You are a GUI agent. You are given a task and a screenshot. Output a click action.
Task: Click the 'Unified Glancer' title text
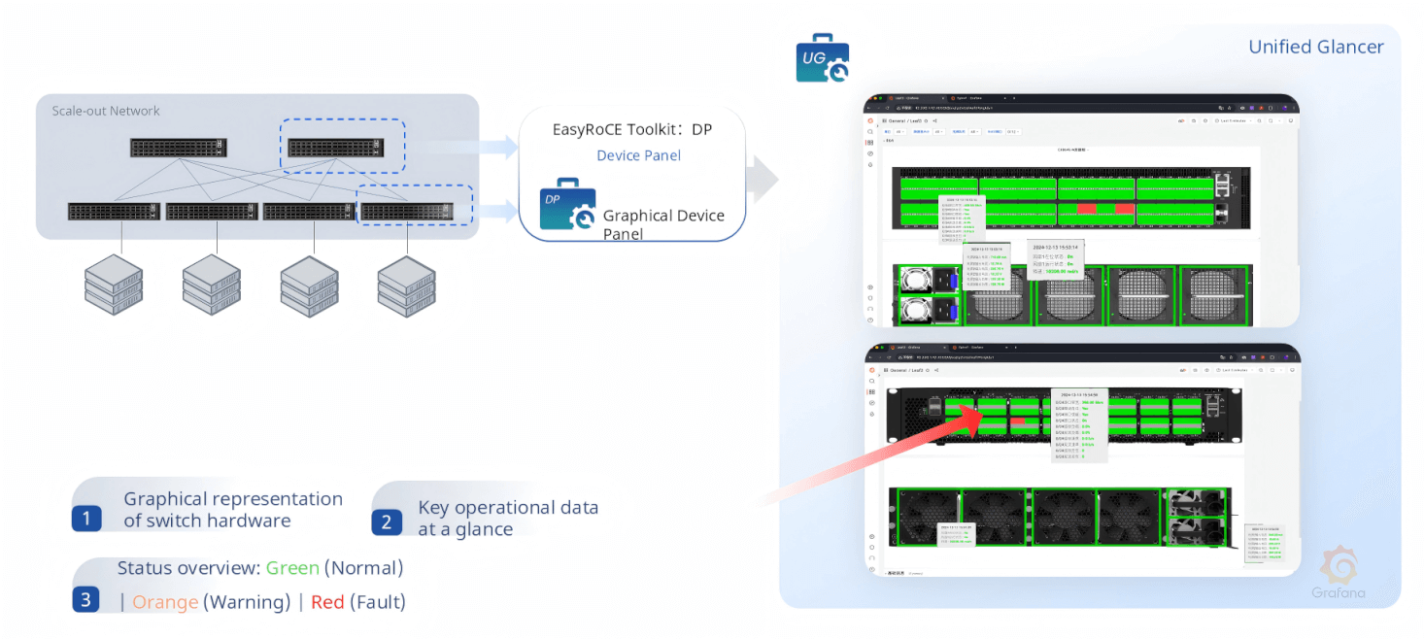coord(1315,47)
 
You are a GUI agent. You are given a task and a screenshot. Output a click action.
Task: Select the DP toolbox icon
coord(567,205)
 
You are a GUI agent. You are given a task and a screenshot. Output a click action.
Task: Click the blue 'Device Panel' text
coord(638,155)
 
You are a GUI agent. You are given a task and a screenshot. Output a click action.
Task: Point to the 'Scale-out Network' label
coord(106,111)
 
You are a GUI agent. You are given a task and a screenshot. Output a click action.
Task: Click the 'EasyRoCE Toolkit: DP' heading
coord(632,129)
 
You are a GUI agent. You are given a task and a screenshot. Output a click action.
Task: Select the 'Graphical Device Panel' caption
coord(663,224)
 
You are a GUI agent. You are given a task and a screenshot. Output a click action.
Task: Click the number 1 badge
coord(86,519)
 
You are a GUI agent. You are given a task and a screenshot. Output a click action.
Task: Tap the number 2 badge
coord(386,522)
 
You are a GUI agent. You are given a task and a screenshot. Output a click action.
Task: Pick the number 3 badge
coord(86,599)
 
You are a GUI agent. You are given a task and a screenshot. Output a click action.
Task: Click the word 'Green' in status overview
coord(292,568)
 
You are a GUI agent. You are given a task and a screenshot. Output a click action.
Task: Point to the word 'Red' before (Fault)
coord(327,602)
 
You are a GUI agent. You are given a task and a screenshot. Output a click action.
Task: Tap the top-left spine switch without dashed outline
coord(179,148)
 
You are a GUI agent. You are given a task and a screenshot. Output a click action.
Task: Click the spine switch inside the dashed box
coord(334,148)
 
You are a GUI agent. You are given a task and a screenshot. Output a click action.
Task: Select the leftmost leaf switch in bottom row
coord(114,211)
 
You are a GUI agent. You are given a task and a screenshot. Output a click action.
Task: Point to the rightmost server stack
coord(406,286)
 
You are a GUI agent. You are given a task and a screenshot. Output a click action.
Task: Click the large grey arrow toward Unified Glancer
coord(764,178)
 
